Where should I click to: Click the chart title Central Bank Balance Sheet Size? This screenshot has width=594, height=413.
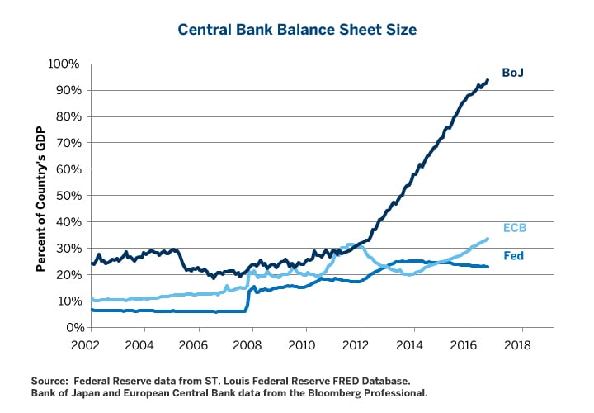tap(298, 30)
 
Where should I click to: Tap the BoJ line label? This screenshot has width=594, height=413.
tap(513, 73)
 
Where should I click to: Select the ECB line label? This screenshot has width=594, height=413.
tap(515, 228)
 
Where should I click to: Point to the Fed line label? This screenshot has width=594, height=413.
tap(514, 256)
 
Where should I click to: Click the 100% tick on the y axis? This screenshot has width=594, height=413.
tap(64, 64)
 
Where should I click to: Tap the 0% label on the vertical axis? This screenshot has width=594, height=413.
tap(71, 328)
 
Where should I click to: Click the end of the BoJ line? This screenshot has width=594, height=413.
tap(488, 80)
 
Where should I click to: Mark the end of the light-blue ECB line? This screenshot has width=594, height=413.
tap(488, 239)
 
